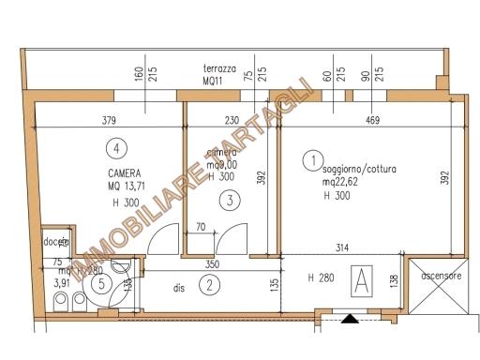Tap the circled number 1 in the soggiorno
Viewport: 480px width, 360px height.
(x=311, y=161)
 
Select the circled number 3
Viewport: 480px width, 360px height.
(x=227, y=199)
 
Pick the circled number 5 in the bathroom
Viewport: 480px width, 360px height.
(x=98, y=281)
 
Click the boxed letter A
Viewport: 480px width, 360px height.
(x=360, y=278)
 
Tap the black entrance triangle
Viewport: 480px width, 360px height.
(x=350, y=319)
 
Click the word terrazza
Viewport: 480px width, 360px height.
(x=219, y=69)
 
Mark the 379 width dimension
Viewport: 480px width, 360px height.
(x=109, y=119)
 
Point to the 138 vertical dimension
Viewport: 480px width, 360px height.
(x=393, y=278)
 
